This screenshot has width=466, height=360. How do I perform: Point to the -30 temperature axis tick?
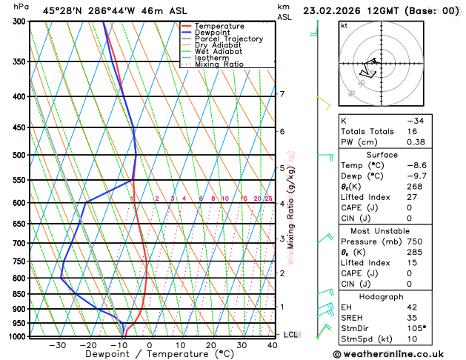tap(57, 344)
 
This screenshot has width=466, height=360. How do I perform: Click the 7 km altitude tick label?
tap(282, 94)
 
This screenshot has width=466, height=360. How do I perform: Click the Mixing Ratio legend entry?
tap(219, 64)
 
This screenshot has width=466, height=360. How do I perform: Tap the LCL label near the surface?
tap(290, 335)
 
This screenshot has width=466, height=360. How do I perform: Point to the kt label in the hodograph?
tap(344, 25)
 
